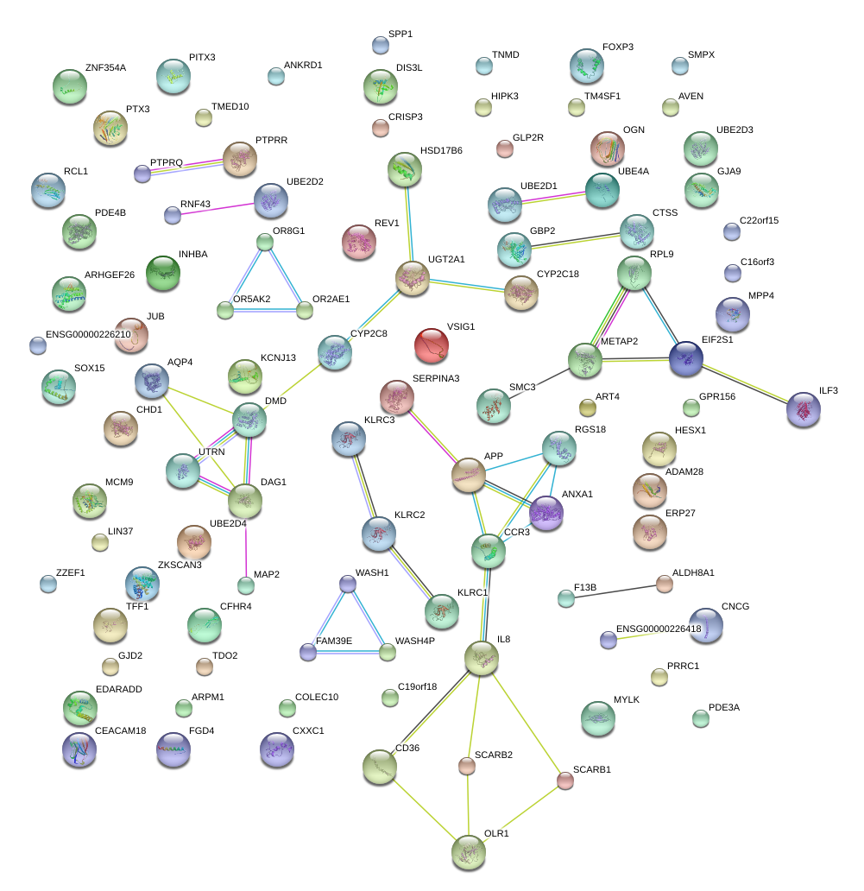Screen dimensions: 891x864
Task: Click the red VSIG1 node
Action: (432, 344)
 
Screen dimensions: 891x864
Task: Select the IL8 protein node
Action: (482, 658)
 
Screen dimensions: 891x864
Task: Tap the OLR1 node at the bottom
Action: (469, 852)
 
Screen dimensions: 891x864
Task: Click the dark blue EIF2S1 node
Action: (686, 358)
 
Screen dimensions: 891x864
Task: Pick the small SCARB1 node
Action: (564, 780)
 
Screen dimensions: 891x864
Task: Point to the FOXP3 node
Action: (587, 66)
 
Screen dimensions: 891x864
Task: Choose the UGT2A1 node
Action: (413, 277)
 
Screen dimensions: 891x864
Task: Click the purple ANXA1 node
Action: (546, 513)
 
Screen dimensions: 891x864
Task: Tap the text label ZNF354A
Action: (105, 67)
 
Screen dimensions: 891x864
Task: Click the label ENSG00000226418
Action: (659, 629)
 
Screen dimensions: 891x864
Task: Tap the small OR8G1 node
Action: (265, 243)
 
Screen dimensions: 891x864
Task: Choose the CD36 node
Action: (380, 766)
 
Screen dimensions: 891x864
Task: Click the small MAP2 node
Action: (246, 585)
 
